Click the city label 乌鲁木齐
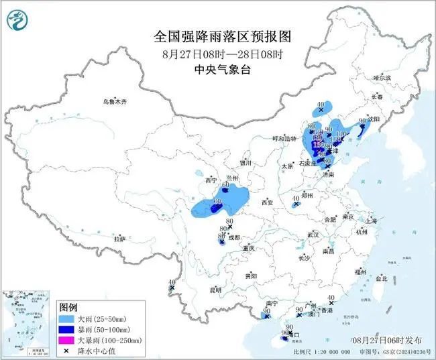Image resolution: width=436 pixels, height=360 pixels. coord(114,101)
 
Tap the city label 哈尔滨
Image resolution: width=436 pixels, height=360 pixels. coord(382,78)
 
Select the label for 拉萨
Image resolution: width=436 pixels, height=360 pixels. coord(119,239)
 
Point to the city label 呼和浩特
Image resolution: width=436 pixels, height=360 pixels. coord(284,138)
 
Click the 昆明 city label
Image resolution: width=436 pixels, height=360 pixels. coord(215,290)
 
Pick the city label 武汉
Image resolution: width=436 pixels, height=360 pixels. coord(313,235)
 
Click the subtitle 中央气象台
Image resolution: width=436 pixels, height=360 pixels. coord(217,68)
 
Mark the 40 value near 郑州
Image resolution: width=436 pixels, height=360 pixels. coord(296,198)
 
